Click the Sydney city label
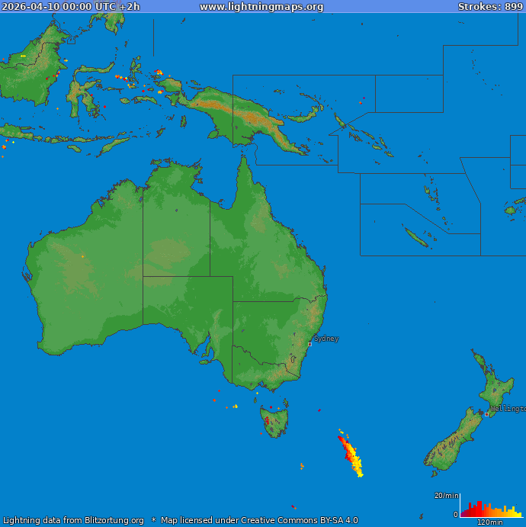click(326, 339)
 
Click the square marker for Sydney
click(310, 344)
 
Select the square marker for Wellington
click(487, 414)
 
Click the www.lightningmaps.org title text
click(261, 7)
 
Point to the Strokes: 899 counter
click(490, 7)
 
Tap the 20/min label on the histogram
click(446, 496)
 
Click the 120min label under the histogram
click(489, 522)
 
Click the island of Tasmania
click(273, 420)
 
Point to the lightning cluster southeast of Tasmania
click(351, 456)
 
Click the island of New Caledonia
click(415, 238)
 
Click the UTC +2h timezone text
click(117, 7)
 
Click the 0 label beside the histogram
click(456, 515)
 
